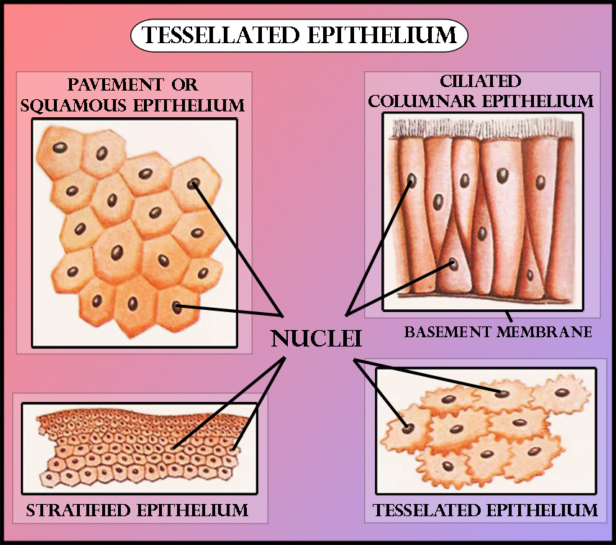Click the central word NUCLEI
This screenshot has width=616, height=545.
click(x=316, y=339)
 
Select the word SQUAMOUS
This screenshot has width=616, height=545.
click(x=72, y=106)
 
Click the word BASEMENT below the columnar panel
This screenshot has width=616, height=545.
click(x=447, y=332)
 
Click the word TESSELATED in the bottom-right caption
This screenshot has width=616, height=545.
click(x=429, y=511)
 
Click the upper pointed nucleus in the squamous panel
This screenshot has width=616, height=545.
click(x=193, y=183)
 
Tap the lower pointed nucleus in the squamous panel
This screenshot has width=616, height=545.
click(x=177, y=308)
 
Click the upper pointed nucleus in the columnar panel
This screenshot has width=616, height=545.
click(x=411, y=180)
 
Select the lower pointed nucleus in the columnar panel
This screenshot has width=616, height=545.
click(x=453, y=264)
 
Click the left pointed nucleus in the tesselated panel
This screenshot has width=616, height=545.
click(x=408, y=428)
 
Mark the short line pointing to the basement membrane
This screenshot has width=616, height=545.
click(x=508, y=316)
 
